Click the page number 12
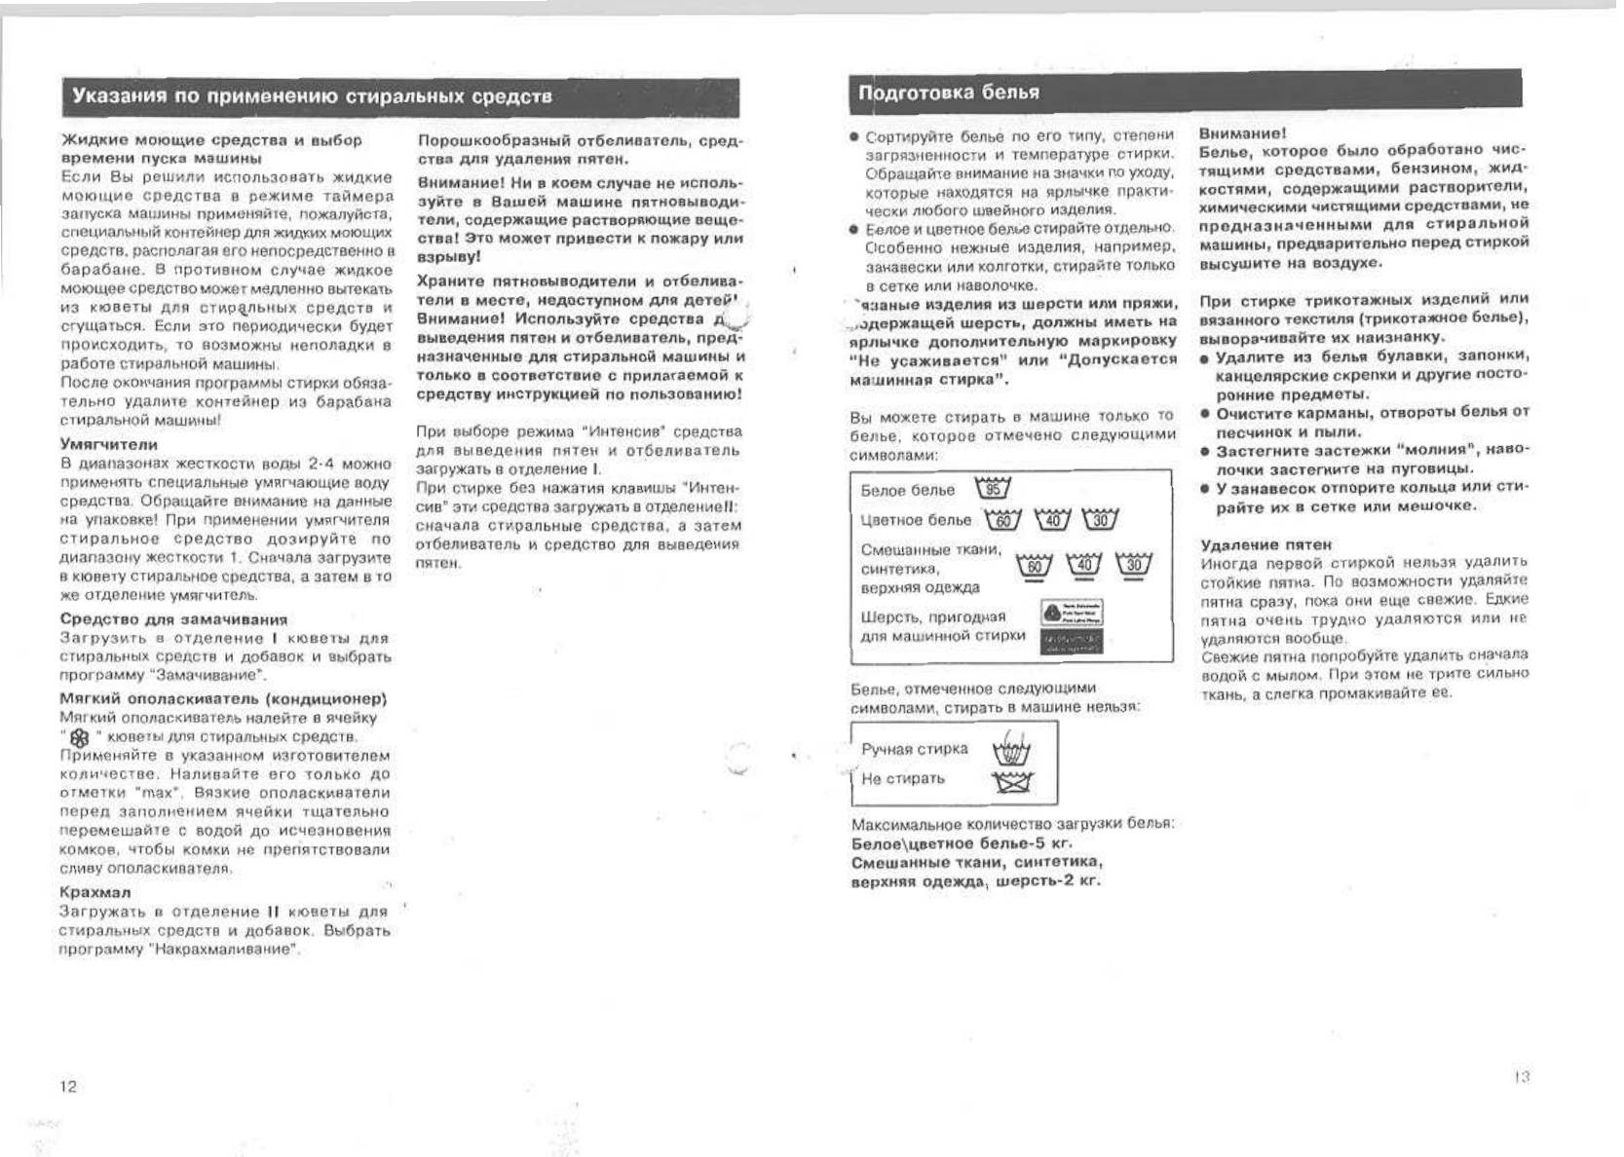[68, 1086]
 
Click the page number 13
[1522, 1076]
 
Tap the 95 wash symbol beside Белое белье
[993, 488]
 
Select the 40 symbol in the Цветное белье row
[1052, 519]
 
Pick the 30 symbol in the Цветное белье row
[1100, 519]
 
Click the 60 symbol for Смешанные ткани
[1035, 566]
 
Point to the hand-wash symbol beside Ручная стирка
[1011, 751]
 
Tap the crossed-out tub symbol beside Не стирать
[1011, 781]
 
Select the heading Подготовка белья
[949, 93]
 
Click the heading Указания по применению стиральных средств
[313, 96]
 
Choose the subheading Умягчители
[109, 444]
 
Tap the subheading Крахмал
[95, 892]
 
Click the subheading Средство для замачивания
[173, 619]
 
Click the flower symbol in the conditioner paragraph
[80, 737]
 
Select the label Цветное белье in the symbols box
[916, 520]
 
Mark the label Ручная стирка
[915, 749]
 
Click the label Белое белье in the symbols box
[908, 490]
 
